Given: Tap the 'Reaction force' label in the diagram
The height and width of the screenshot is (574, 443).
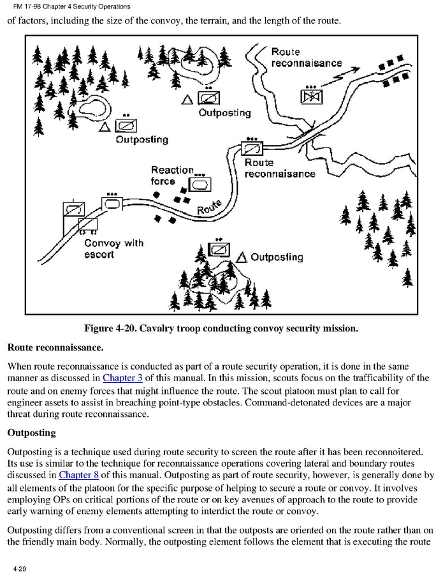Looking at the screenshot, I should coord(172,176).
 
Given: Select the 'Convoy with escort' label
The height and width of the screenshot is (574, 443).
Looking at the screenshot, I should coord(113,248).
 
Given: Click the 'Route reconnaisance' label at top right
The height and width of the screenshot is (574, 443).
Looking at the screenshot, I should coord(307,57).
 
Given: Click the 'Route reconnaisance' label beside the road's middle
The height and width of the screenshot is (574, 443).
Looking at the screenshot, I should coord(279,168).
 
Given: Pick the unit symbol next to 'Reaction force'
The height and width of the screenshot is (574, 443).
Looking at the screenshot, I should coord(200,184).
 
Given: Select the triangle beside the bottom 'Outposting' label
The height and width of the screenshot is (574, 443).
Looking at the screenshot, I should coord(242,257).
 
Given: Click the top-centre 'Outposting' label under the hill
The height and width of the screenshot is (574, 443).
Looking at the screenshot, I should coord(225,113).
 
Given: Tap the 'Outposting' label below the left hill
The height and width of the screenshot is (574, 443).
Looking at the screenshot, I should coord(142,140).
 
